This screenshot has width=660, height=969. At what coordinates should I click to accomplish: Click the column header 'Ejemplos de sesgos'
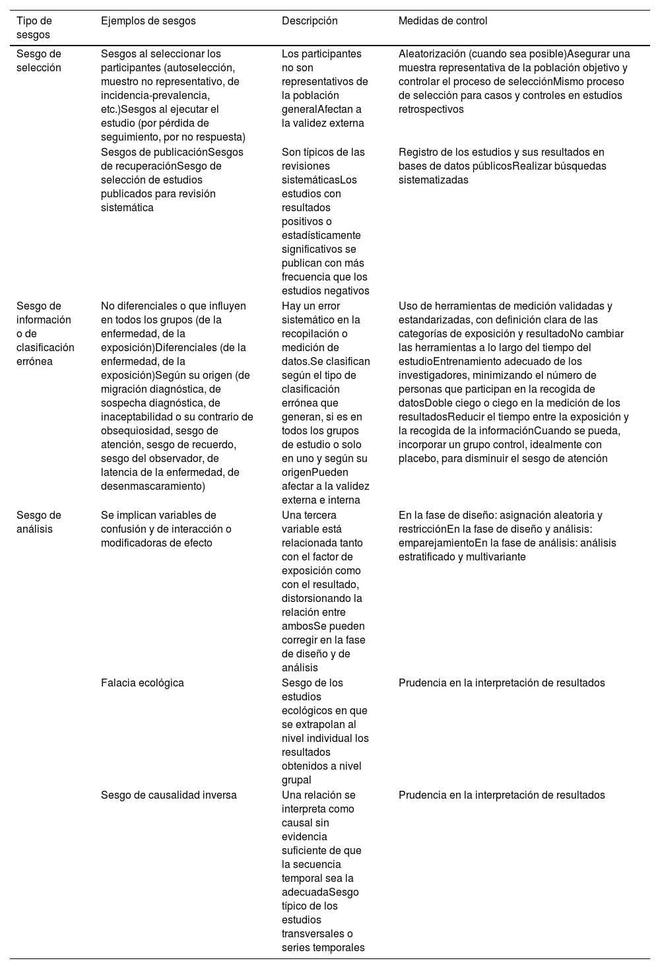(148, 21)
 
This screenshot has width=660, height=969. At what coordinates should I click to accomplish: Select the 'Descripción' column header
(310, 21)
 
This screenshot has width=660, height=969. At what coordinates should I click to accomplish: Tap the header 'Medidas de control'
(443, 21)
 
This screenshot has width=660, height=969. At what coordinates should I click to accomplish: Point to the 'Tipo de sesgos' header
(34, 28)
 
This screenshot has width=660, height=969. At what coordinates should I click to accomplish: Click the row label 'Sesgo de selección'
(38, 61)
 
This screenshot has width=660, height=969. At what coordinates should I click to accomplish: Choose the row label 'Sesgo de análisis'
(38, 522)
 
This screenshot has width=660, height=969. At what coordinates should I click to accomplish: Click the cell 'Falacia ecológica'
(142, 683)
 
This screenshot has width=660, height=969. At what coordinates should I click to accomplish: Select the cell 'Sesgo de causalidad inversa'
(168, 795)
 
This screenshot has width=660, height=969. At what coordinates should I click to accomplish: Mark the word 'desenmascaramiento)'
(153, 486)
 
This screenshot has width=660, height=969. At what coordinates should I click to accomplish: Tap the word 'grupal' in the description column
(296, 780)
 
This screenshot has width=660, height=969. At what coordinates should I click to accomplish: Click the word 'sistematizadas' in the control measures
(433, 180)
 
